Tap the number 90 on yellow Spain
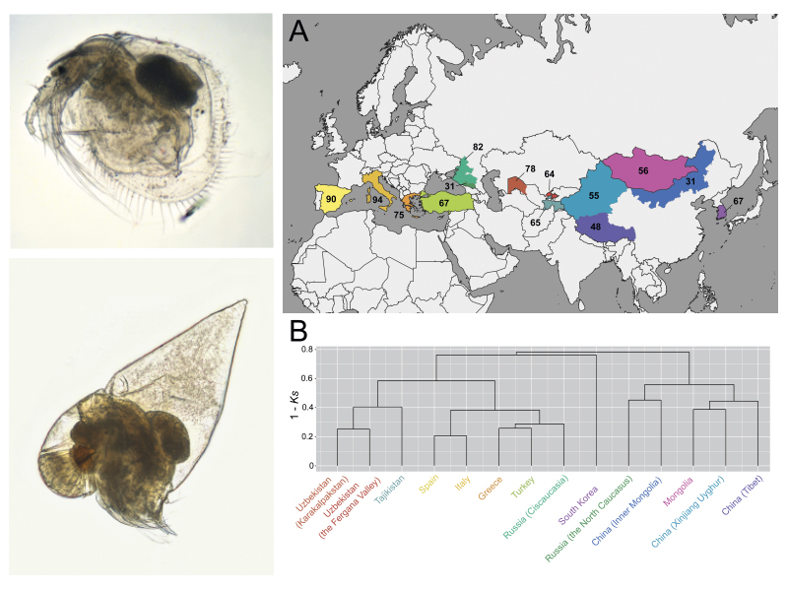[x=332, y=199]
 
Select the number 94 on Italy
[x=377, y=200]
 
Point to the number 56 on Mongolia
[x=643, y=170]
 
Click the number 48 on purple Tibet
[x=595, y=228]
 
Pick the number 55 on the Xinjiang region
[x=593, y=197]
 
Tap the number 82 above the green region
[x=478, y=147]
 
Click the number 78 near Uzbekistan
[x=529, y=169]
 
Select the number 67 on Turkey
[x=445, y=203]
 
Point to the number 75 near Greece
[x=399, y=215]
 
